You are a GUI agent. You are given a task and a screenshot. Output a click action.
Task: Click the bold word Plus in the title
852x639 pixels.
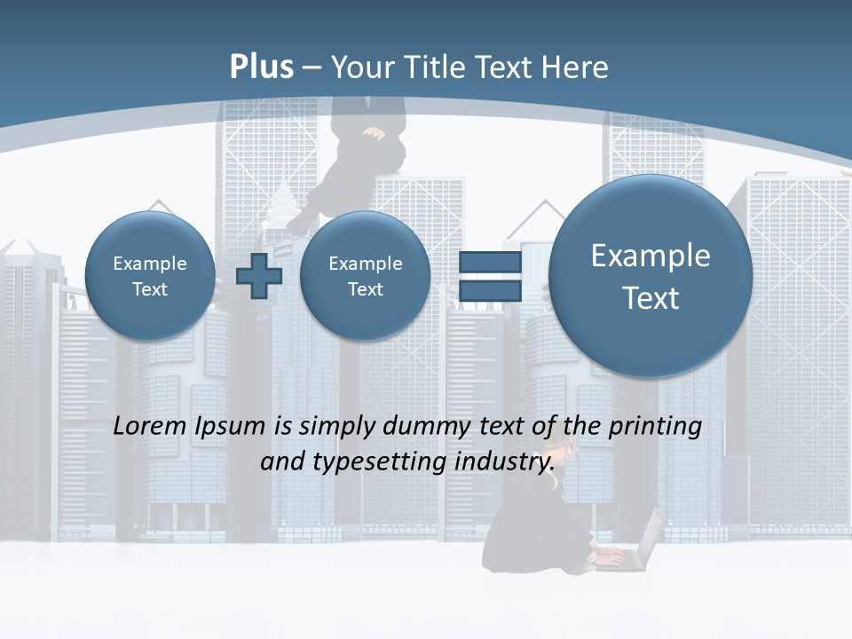(x=261, y=67)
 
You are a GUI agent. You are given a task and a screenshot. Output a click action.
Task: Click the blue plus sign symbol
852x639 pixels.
(x=259, y=276)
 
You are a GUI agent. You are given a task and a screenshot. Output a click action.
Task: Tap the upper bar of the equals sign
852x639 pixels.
(x=489, y=263)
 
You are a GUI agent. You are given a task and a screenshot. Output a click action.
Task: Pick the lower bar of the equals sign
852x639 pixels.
(x=489, y=290)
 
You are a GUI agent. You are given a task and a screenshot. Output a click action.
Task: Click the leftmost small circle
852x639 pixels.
(x=150, y=276)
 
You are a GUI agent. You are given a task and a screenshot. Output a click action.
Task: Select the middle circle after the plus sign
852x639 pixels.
(x=365, y=276)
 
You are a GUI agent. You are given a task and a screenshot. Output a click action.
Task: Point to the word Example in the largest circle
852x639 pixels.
(x=651, y=256)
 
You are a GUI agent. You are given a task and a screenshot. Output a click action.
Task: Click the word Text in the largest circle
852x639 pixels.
(x=651, y=298)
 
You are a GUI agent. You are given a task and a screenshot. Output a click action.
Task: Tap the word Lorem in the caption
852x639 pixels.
(x=150, y=426)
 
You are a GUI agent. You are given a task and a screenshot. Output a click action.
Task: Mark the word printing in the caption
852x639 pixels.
(x=656, y=427)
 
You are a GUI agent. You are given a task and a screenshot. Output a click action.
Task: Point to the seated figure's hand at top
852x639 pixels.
(x=375, y=134)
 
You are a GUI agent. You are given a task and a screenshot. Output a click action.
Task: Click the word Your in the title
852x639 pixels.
(x=361, y=67)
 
